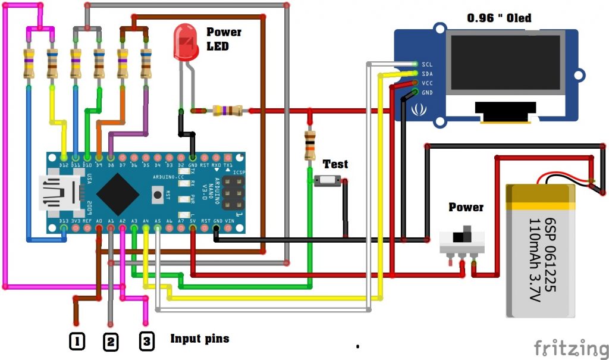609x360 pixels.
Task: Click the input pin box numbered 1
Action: click(x=77, y=341)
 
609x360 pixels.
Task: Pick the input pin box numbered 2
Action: click(x=111, y=342)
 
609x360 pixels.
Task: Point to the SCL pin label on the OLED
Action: click(x=427, y=64)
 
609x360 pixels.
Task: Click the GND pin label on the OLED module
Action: click(x=427, y=93)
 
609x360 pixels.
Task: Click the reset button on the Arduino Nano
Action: click(x=158, y=193)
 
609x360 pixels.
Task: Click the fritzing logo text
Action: click(x=567, y=347)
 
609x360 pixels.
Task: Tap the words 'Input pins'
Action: click(x=199, y=339)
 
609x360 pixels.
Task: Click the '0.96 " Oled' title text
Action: click(x=499, y=18)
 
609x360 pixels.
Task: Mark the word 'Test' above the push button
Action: click(x=335, y=164)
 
